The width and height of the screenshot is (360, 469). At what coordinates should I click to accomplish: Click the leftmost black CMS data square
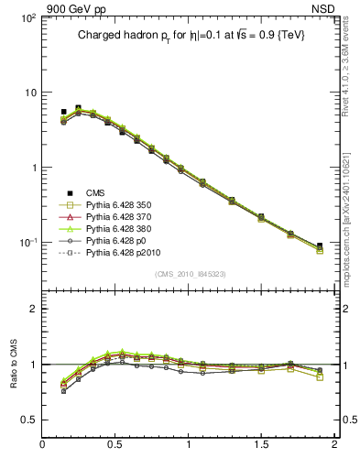[x=63, y=112]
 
